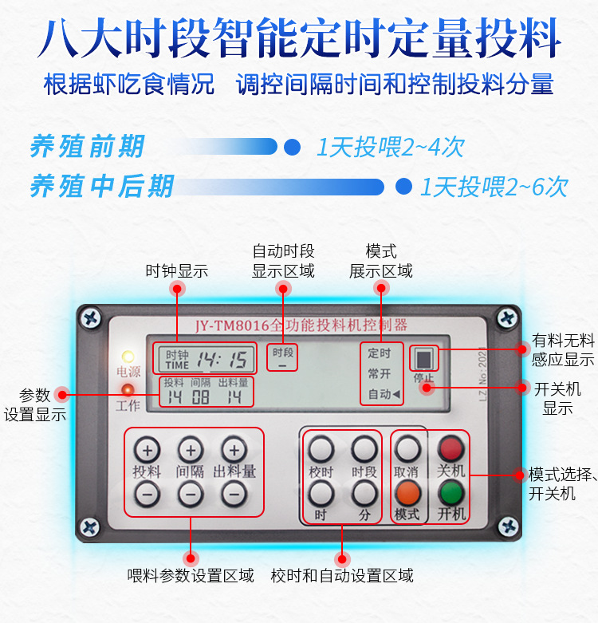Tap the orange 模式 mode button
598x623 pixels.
(407, 493)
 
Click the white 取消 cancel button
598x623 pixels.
(407, 449)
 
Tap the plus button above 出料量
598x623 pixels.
(234, 450)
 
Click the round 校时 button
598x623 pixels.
(321, 449)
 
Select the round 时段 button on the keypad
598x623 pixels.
(364, 449)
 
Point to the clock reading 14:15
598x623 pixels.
(222, 359)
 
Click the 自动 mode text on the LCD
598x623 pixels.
(380, 394)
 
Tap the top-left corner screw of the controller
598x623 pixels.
(92, 317)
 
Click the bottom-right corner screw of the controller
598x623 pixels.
(508, 526)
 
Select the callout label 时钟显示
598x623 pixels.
(176, 271)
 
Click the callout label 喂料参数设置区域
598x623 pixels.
(191, 575)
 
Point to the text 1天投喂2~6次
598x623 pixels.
(494, 187)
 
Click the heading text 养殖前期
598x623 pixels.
(87, 147)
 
